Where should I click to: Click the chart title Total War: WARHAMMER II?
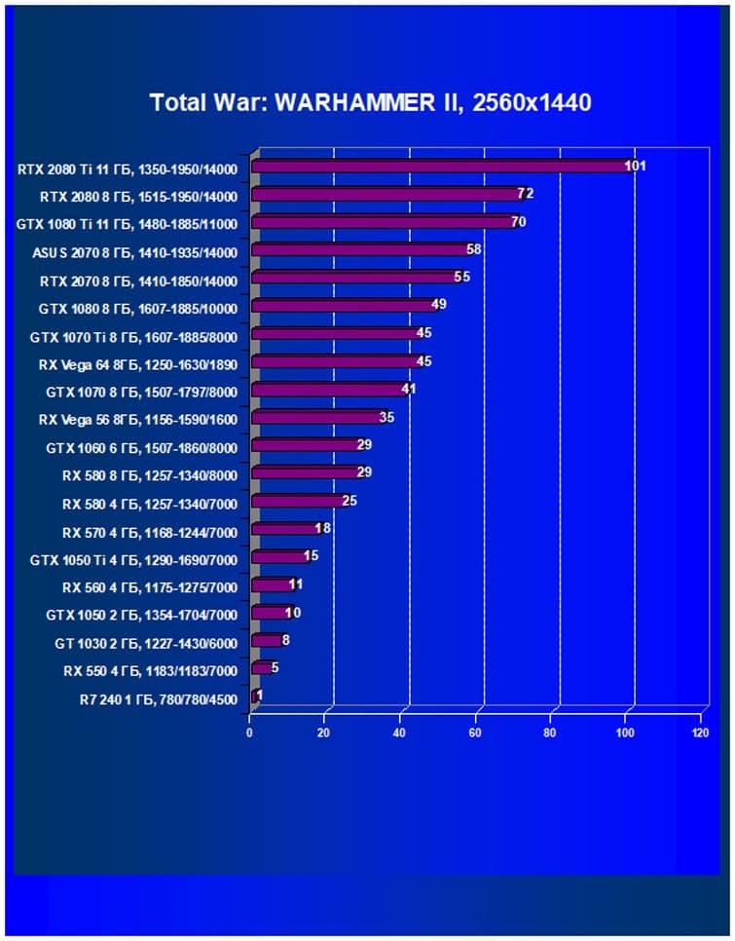(370, 102)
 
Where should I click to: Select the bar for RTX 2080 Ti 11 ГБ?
(438, 167)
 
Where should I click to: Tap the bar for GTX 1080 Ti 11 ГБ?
(385, 222)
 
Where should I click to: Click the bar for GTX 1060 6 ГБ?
(306, 445)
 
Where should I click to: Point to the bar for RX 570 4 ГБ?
(285, 529)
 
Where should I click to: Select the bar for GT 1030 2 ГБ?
(267, 640)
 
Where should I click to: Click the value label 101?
(635, 166)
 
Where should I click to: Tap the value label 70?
(518, 222)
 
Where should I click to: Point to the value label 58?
(474, 249)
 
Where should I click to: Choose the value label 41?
(409, 390)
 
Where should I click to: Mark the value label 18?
(323, 529)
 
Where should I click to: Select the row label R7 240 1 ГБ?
(158, 698)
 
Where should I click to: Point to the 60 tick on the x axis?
(475, 732)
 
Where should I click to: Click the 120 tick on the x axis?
(700, 732)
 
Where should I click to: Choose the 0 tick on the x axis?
(250, 732)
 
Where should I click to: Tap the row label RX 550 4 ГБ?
(150, 671)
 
